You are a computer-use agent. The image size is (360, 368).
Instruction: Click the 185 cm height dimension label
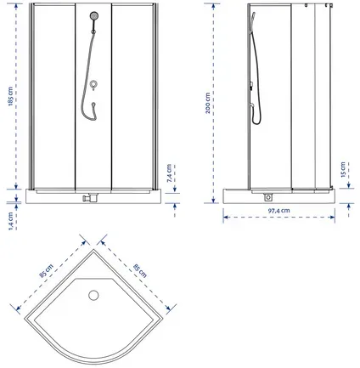click(x=11, y=96)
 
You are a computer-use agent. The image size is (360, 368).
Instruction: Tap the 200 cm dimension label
click(x=208, y=103)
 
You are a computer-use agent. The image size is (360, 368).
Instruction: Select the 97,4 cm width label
click(x=278, y=211)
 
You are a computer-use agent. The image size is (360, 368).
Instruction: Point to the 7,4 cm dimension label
click(x=169, y=173)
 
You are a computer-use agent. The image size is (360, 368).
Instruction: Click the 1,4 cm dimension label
click(x=11, y=221)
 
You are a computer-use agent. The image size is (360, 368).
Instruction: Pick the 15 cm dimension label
click(x=343, y=169)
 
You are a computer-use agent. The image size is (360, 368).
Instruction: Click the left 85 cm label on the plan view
click(x=46, y=271)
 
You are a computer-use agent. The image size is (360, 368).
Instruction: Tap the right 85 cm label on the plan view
click(x=140, y=271)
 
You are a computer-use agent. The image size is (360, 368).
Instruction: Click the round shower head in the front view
click(x=94, y=15)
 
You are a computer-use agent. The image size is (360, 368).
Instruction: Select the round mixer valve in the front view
click(x=93, y=84)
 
